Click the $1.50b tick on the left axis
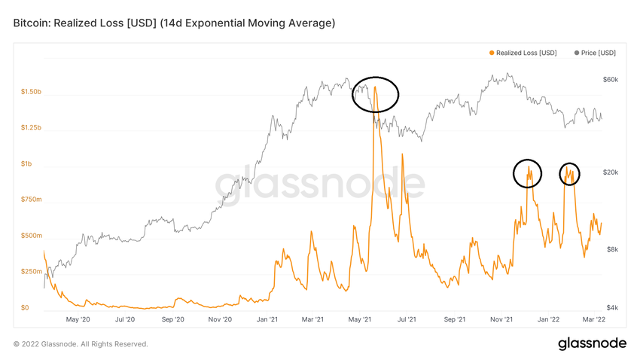[32, 92]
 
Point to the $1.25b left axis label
[32, 128]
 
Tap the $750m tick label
[30, 200]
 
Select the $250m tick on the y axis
[30, 272]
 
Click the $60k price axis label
[610, 80]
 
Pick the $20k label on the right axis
[610, 172]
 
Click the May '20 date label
[78, 319]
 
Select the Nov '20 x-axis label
[219, 319]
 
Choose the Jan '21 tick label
[267, 319]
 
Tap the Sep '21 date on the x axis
[454, 319]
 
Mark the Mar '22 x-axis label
[595, 319]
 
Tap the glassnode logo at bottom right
[592, 343]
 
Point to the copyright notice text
[81, 344]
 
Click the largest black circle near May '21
[375, 94]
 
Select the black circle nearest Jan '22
[570, 174]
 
